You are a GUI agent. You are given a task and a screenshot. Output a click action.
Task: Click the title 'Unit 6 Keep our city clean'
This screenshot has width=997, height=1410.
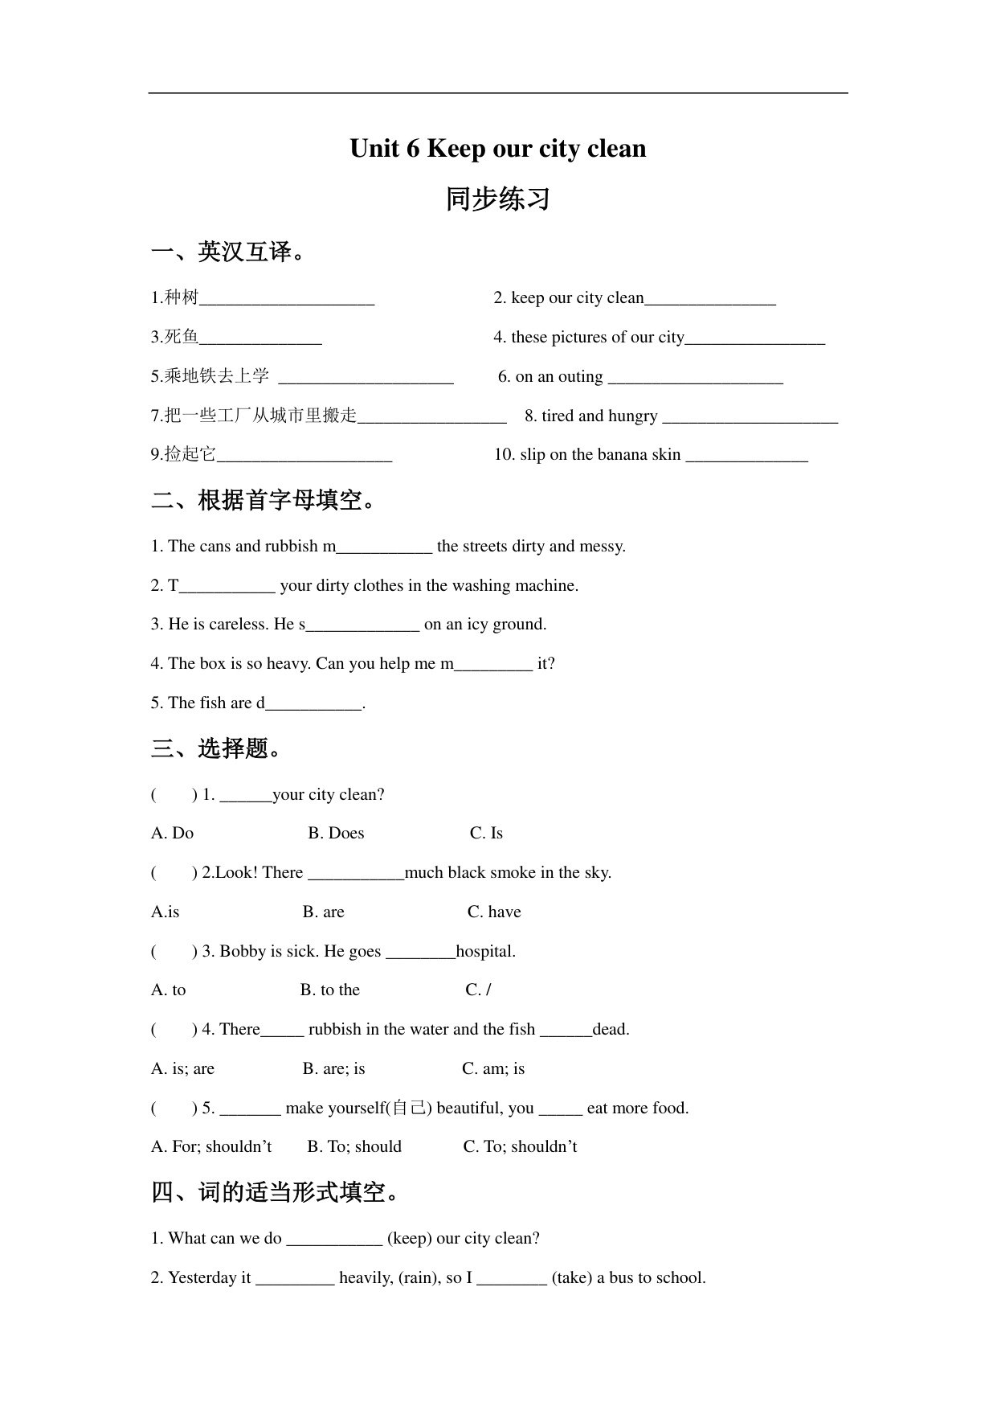coord(497,149)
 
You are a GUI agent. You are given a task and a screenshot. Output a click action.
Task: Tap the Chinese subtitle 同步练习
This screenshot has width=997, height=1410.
coord(497,199)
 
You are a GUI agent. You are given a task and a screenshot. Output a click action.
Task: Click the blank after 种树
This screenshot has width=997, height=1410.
coord(287,299)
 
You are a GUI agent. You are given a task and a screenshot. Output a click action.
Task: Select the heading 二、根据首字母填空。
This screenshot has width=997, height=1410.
coord(265,501)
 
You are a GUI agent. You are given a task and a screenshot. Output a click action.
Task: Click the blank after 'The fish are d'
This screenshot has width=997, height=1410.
coord(313,704)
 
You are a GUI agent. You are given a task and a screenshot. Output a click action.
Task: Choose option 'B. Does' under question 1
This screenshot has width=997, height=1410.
coord(336,834)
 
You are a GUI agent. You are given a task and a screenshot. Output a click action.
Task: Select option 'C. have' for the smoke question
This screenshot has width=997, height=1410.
coord(494,912)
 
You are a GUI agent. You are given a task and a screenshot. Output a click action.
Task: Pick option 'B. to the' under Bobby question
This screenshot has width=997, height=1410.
coord(330,990)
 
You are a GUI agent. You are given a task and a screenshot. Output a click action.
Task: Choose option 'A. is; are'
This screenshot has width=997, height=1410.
coord(182,1069)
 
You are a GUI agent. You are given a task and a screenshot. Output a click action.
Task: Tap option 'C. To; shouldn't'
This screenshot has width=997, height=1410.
coord(520,1147)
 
